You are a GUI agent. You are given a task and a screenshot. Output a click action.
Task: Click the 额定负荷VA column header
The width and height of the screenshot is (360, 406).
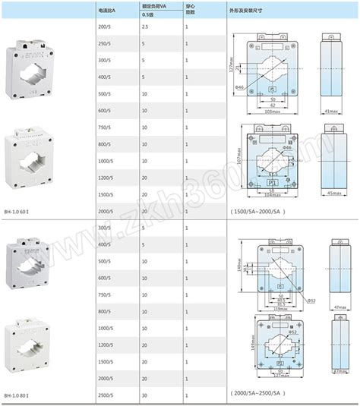pyautogui.click(x=155, y=5)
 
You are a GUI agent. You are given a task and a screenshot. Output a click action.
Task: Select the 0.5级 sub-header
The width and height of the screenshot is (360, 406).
pyautogui.click(x=150, y=13)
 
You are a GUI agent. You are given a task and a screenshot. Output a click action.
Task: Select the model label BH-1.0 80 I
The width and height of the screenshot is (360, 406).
pyautogui.click(x=19, y=397)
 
